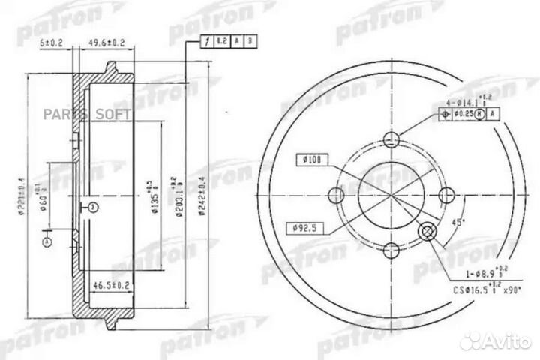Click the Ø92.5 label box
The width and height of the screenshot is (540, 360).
point(304,227)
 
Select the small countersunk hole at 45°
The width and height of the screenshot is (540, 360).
point(428,231)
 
